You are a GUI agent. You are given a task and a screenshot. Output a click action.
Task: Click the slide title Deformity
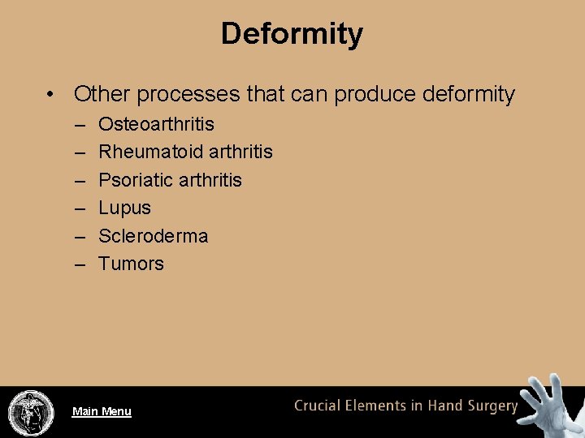click(292, 34)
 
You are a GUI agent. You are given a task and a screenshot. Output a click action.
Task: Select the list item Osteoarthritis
click(156, 124)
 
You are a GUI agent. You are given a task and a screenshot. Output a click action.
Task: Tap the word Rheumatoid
click(150, 152)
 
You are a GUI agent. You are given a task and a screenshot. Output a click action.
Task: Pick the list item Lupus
click(124, 208)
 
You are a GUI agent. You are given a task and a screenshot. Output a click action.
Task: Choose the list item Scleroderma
click(153, 236)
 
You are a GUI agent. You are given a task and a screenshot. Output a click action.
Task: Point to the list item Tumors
click(131, 264)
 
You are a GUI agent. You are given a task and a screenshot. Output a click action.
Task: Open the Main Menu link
click(102, 411)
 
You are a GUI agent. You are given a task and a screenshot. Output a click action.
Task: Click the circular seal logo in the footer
click(31, 412)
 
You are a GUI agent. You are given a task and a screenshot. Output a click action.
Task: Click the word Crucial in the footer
click(318, 406)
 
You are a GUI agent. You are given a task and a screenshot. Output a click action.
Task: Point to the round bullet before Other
click(51, 95)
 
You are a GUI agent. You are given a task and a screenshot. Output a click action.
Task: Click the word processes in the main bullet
click(188, 95)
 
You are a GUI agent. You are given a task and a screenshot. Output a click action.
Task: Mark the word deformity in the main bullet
click(468, 94)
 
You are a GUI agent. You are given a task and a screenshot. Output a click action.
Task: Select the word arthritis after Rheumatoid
click(240, 152)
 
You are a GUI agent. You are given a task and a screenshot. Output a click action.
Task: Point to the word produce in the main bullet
click(375, 95)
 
